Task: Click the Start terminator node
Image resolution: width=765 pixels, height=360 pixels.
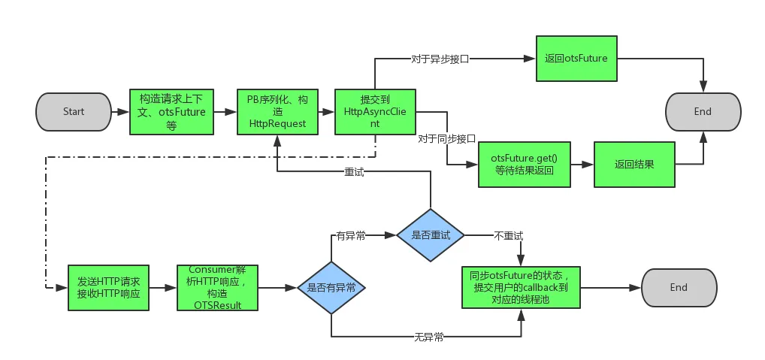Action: point(73,112)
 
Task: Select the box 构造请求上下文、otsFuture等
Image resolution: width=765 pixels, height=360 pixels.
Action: point(172,112)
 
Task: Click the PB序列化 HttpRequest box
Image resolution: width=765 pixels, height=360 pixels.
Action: point(277,112)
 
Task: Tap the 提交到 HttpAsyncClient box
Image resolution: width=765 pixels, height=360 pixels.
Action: point(374,112)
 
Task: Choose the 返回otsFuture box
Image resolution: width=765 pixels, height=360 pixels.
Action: point(576,58)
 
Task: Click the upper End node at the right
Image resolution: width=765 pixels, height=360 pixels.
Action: point(703,112)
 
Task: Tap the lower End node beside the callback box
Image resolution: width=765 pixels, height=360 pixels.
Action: point(678,287)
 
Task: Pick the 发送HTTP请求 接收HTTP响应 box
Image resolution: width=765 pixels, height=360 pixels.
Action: point(109,287)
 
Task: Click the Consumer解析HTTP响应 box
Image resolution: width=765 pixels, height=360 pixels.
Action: point(219,287)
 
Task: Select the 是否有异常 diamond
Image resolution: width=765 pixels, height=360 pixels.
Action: point(331,287)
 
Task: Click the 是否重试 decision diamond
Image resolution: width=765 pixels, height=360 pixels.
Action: point(431,235)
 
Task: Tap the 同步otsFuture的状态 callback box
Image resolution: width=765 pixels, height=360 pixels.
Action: point(521,287)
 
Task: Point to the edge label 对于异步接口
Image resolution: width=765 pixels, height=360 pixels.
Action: point(440,59)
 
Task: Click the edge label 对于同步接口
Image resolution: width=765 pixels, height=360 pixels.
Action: point(446,139)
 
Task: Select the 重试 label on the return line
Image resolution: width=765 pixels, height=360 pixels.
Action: point(354,171)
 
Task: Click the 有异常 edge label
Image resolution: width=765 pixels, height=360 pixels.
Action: point(351,235)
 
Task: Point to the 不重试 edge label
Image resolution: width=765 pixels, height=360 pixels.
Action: point(508,235)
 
